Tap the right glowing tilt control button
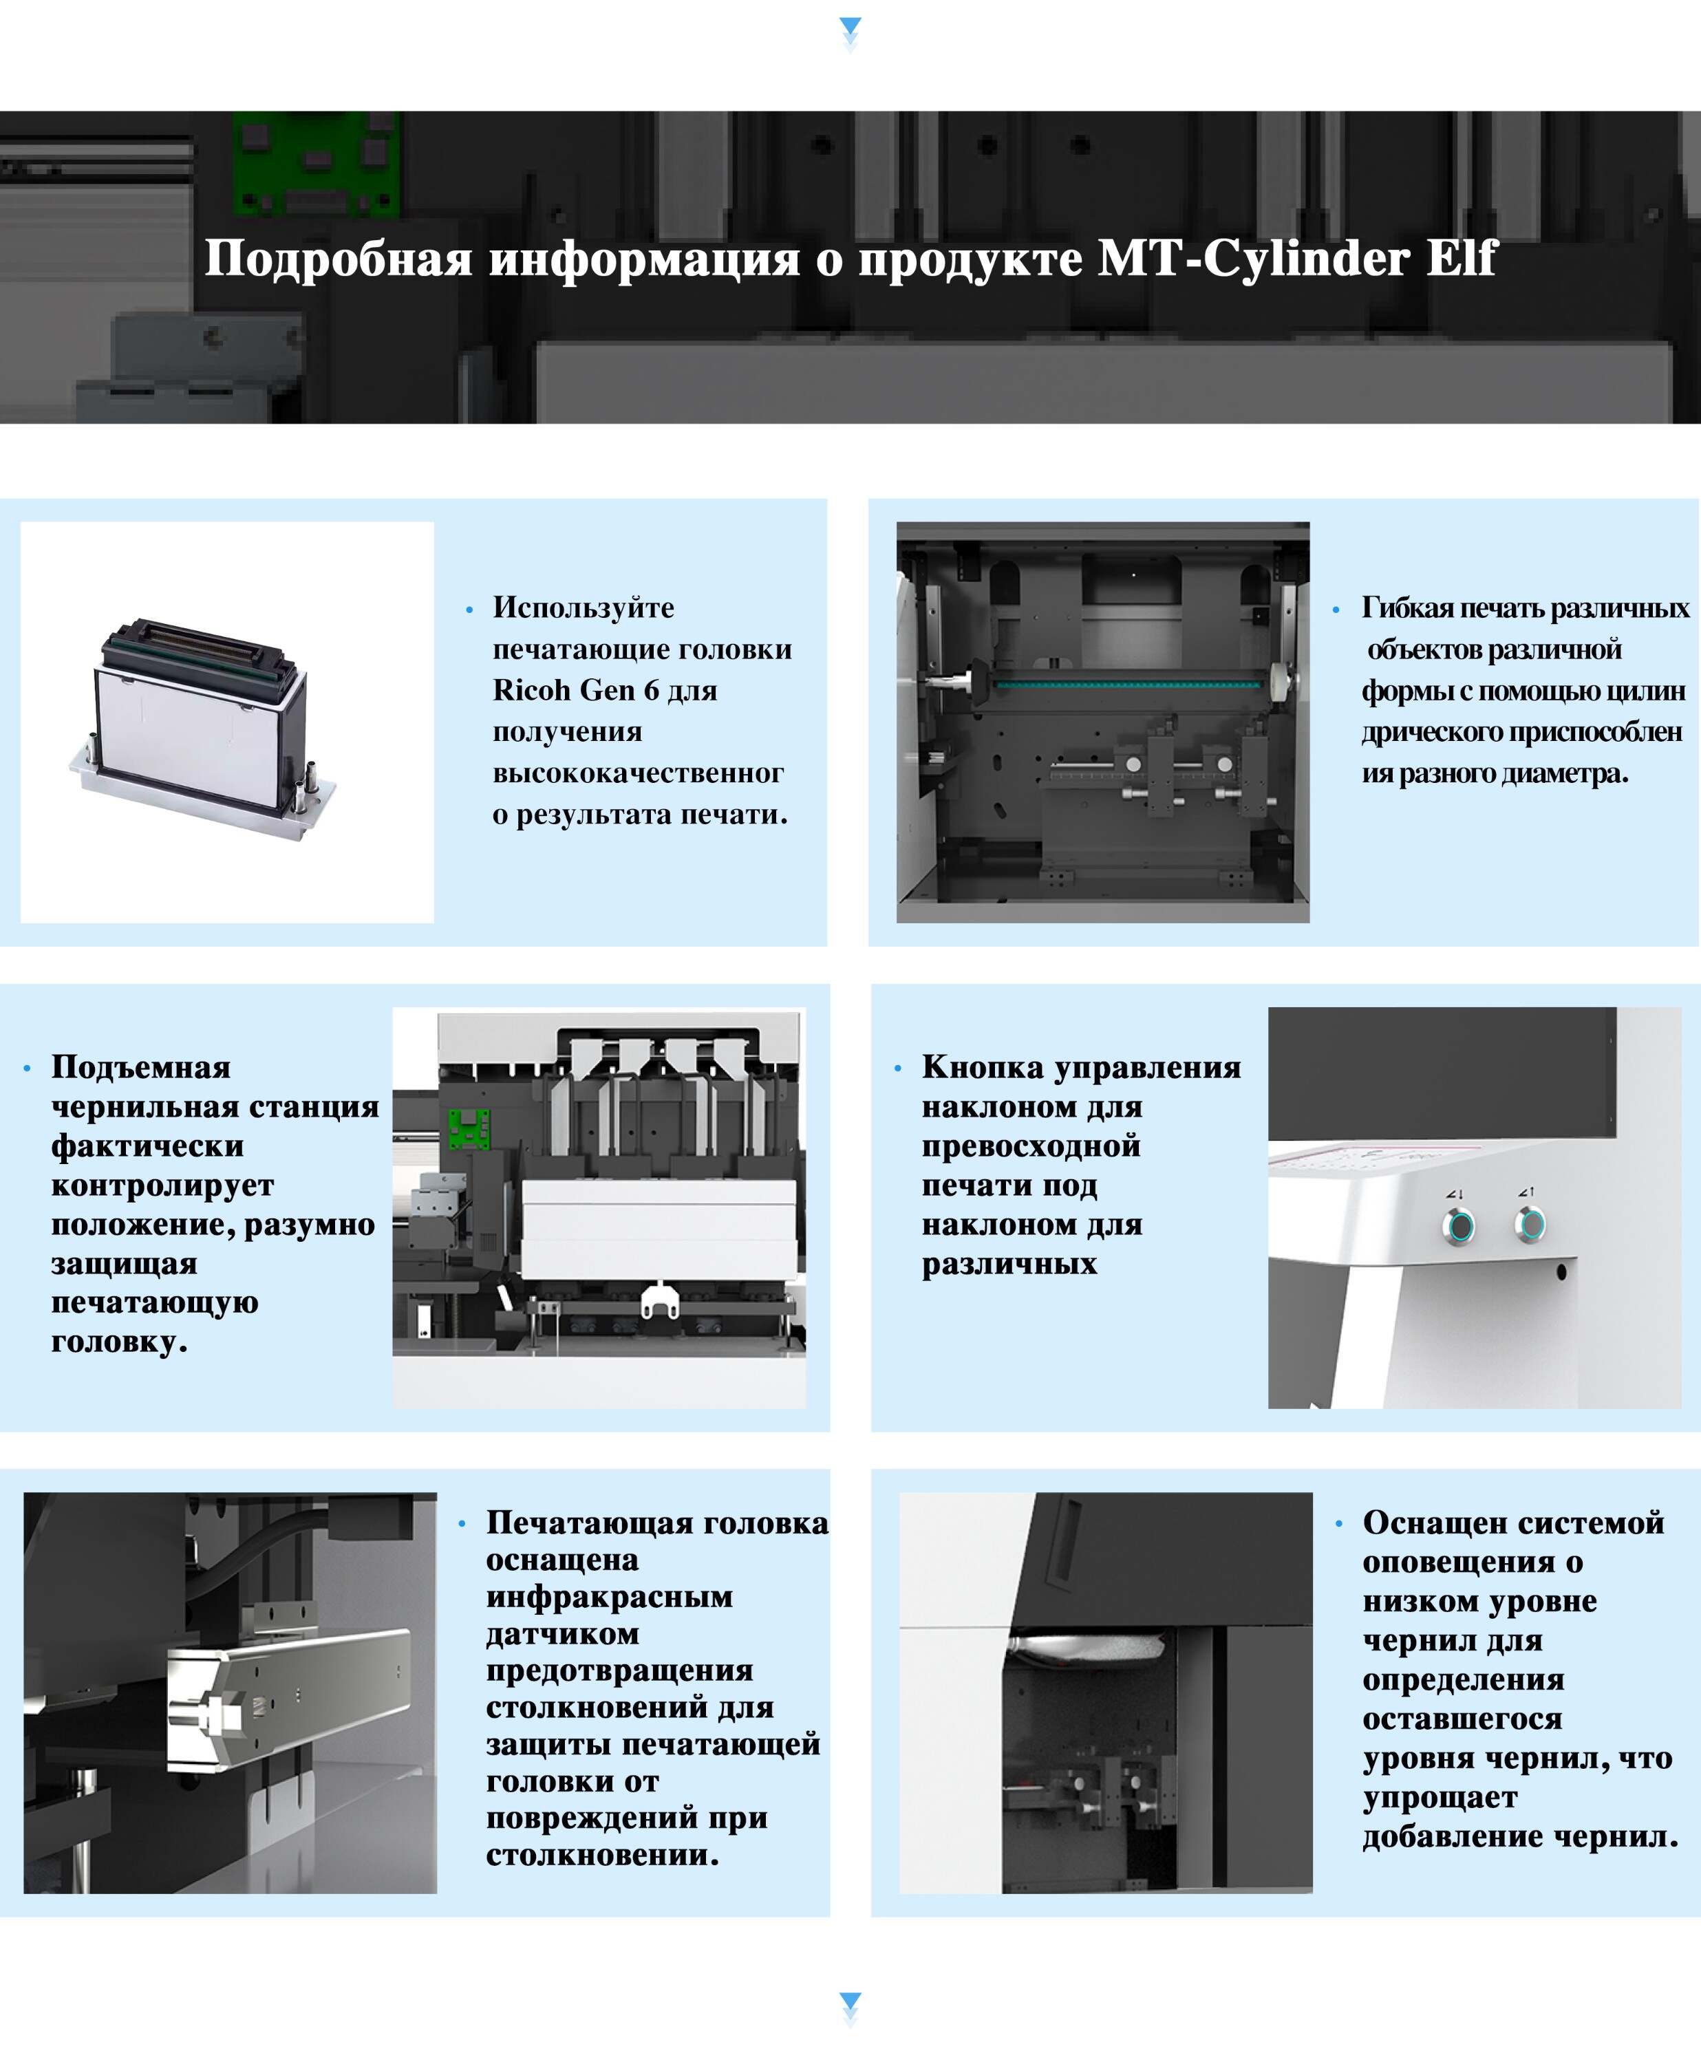[1530, 1223]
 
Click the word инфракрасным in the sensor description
[610, 1597]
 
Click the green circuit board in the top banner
[316, 164]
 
